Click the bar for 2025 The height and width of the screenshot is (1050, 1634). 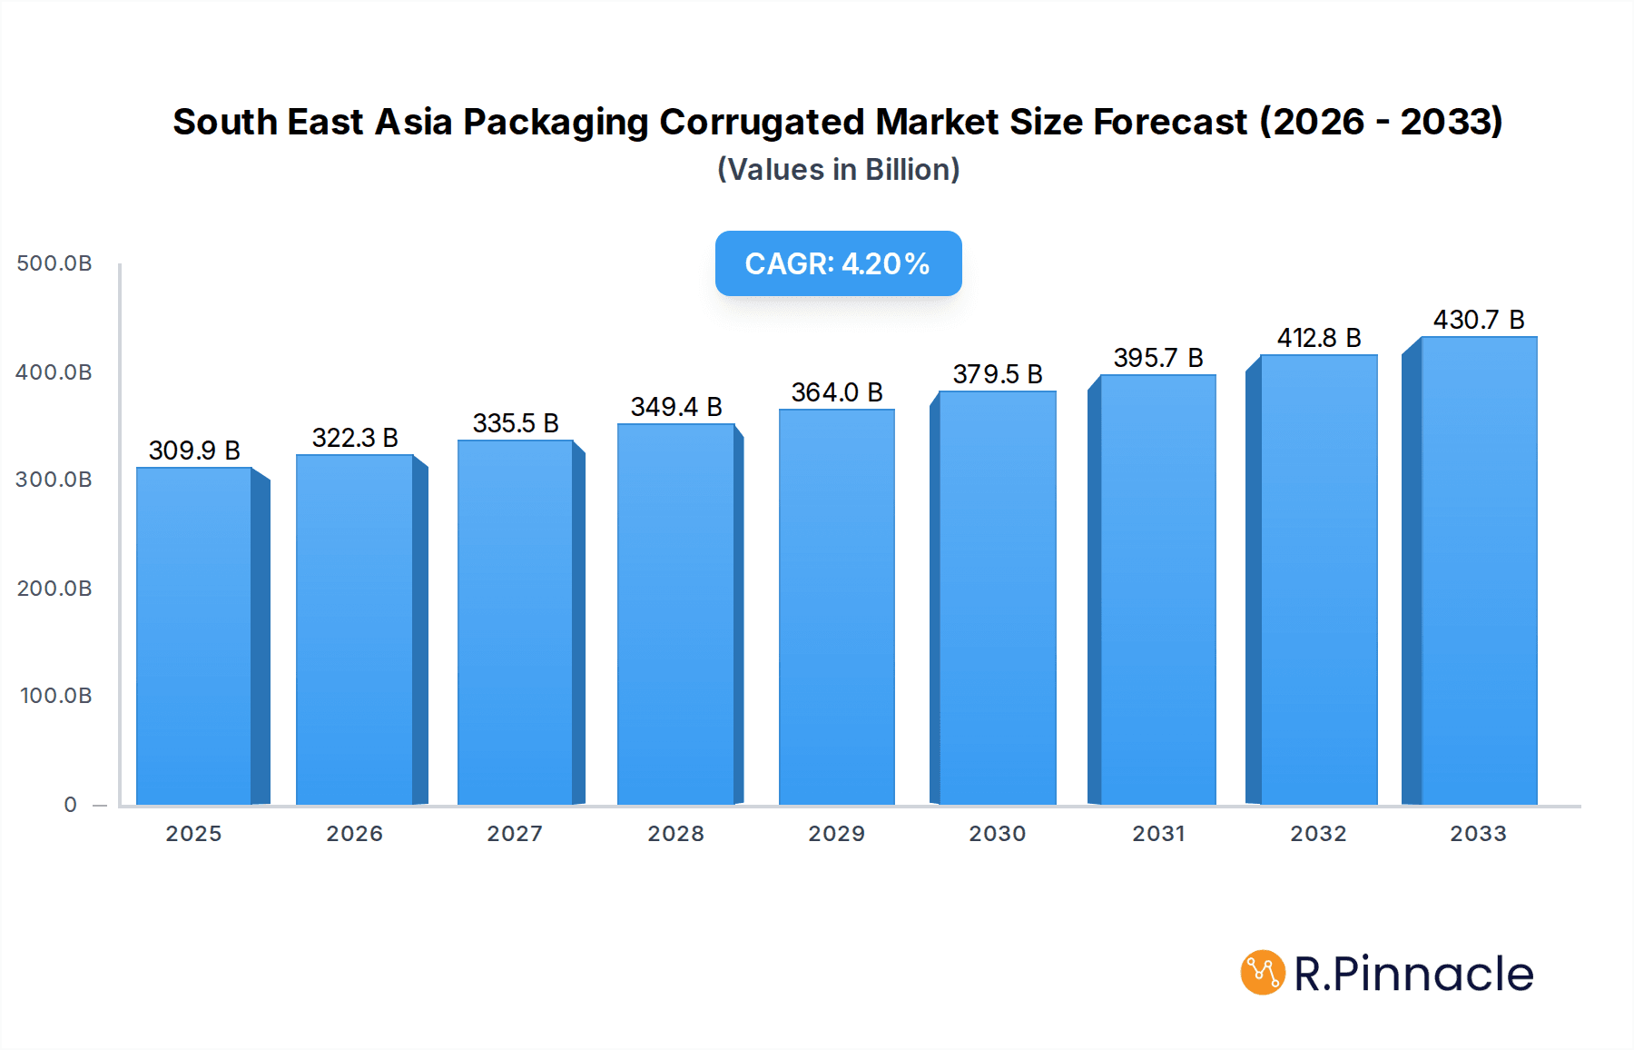pyautogui.click(x=194, y=636)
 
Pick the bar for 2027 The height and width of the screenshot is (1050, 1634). pyautogui.click(x=515, y=622)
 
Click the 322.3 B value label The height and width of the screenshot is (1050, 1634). pyautogui.click(x=355, y=438)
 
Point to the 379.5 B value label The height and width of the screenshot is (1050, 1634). pyautogui.click(x=997, y=374)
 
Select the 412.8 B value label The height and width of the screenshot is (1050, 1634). pyautogui.click(x=1319, y=338)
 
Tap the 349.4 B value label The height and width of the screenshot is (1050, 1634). pyautogui.click(x=676, y=407)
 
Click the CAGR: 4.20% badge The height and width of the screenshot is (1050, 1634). pyautogui.click(x=838, y=263)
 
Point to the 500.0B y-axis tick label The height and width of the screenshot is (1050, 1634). pyautogui.click(x=54, y=263)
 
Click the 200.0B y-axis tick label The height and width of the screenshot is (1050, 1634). pyautogui.click(x=54, y=589)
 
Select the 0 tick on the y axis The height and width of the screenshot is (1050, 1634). pyautogui.click(x=71, y=805)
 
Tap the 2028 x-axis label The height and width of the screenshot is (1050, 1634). pyautogui.click(x=675, y=834)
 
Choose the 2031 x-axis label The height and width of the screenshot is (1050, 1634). pyautogui.click(x=1158, y=834)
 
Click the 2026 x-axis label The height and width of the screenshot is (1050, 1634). pyautogui.click(x=354, y=834)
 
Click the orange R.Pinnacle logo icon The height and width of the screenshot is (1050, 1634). pyautogui.click(x=1263, y=973)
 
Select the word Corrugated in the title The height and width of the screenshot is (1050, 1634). pyautogui.click(x=762, y=122)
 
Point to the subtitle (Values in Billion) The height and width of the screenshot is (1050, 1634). pyautogui.click(x=838, y=170)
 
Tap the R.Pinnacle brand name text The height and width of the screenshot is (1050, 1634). pyautogui.click(x=1413, y=974)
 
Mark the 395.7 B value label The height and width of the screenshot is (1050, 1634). pyautogui.click(x=1158, y=358)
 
